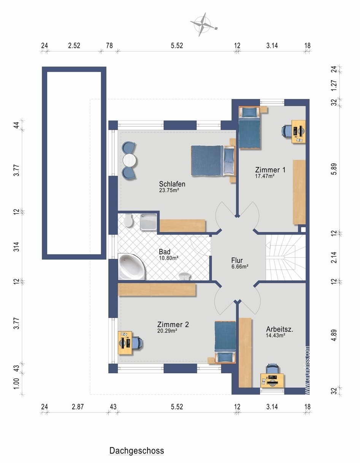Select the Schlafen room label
tap(172, 184)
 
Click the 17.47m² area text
tap(265, 176)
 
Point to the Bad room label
tap(165, 252)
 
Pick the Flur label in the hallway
tap(237, 260)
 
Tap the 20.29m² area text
tap(167, 331)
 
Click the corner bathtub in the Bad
tap(131, 267)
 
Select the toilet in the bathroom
tap(128, 220)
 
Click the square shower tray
tap(149, 222)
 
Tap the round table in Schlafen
tap(130, 161)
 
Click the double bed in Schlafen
tap(213, 161)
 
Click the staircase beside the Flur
tap(285, 257)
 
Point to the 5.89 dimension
tap(334, 169)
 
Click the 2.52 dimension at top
tap(74, 46)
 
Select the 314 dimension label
tap(16, 247)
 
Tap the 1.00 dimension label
tap(16, 384)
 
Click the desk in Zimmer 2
tap(125, 343)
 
